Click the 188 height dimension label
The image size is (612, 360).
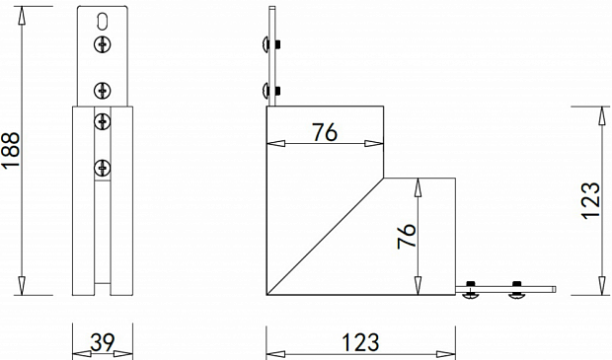11,150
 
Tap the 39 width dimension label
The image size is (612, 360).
103,343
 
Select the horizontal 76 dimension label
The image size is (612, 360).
325,132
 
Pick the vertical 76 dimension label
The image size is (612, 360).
407,236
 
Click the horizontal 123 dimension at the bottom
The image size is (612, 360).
360,343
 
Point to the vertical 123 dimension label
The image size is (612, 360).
591,201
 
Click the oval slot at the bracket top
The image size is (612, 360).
103,22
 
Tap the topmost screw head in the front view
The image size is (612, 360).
103,44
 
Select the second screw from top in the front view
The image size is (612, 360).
103,91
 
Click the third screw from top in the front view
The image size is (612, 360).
103,122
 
